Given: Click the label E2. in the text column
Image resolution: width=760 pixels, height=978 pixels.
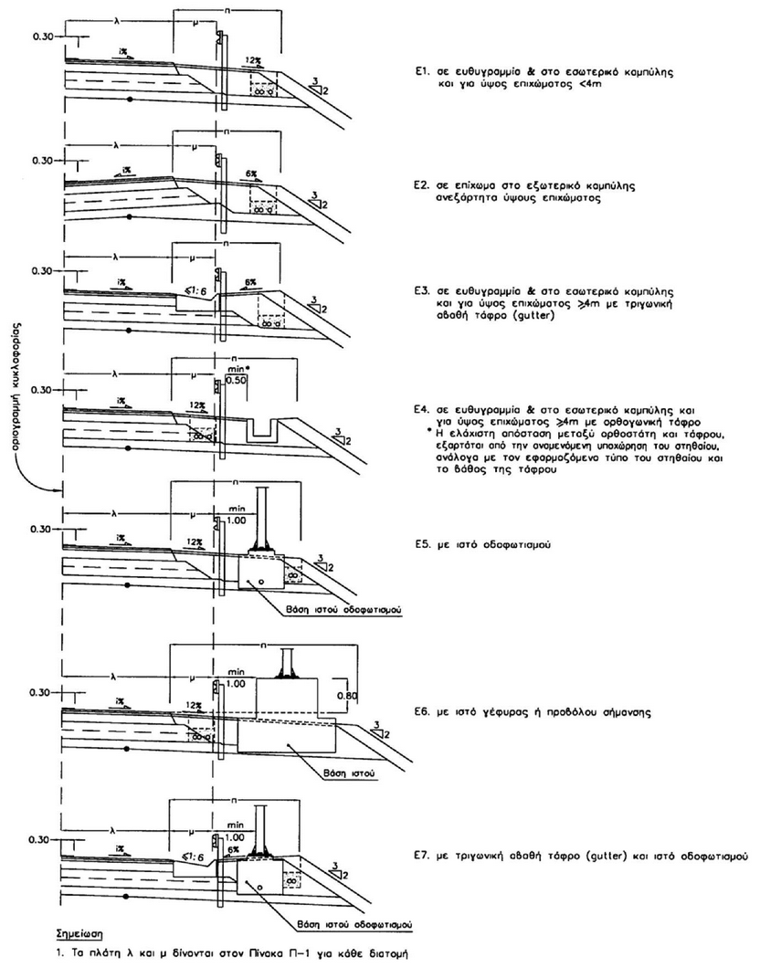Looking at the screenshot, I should click(x=422, y=184).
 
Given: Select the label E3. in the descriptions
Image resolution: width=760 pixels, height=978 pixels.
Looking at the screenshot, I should click(x=422, y=294).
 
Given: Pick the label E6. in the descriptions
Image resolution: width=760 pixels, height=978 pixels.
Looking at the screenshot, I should click(x=422, y=708).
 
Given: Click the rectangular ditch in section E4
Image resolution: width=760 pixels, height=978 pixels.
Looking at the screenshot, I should click(x=267, y=428).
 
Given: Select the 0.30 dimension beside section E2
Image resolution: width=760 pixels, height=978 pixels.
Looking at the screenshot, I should click(x=41, y=161).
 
